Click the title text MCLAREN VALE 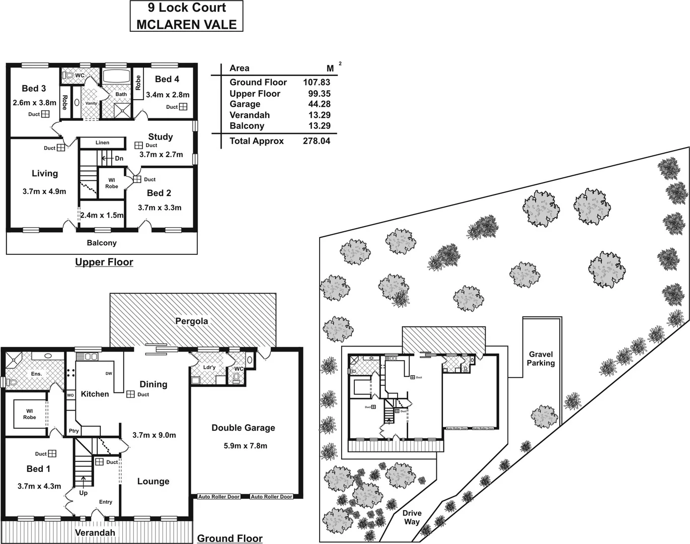coord(187,24)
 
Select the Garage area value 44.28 coord(319,104)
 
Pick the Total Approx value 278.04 coord(317,141)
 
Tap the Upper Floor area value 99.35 coord(319,94)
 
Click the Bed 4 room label coord(167,79)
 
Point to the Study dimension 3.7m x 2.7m coord(161,155)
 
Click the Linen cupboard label coord(102,143)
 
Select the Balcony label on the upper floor coord(102,243)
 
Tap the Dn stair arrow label coord(119,158)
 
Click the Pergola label coord(192,321)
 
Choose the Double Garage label coord(243,428)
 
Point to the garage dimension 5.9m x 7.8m coord(245,445)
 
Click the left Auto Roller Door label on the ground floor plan coord(219,497)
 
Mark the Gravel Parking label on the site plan coord(541,359)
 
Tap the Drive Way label coord(412,517)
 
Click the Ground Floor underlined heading coord(229,538)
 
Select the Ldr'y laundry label coord(209,367)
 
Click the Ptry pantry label coord(73,431)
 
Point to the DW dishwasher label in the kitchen coord(109,374)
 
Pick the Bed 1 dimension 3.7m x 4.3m coord(39,486)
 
